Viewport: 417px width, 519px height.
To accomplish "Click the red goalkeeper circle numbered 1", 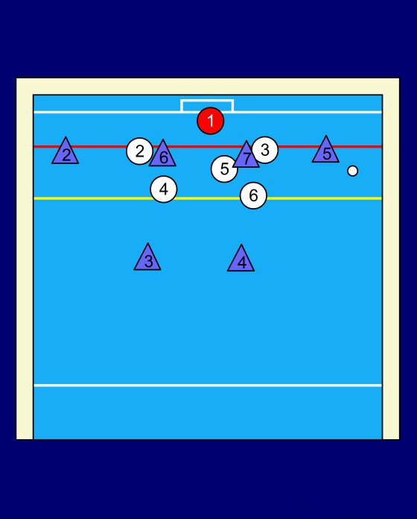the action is point(211,121).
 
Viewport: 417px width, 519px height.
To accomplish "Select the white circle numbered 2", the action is point(139,151).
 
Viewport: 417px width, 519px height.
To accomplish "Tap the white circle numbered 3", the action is point(265,150).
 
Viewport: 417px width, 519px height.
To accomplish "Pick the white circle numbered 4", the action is point(164,189).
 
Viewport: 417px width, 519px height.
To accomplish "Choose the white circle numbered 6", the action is point(253,195).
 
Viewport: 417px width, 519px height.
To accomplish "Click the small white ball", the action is point(352,171).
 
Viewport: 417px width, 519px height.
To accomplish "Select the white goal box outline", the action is point(207,100).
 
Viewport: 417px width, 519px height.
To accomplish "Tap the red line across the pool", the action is point(208,146).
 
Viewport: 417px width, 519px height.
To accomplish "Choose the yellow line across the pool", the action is point(208,198).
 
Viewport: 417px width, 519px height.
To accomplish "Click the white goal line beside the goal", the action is point(107,112).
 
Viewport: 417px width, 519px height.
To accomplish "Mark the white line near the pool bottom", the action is point(208,386).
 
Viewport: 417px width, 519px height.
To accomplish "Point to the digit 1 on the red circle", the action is point(211,121).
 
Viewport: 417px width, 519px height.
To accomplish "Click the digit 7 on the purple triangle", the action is point(246,159).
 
